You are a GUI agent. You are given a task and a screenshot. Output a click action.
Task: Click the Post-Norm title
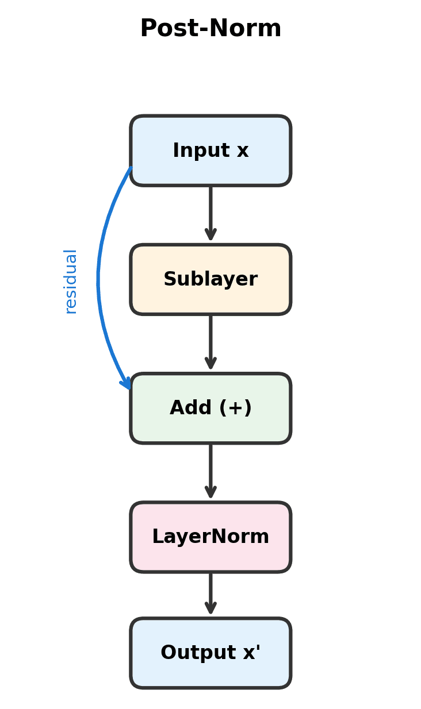[210, 29]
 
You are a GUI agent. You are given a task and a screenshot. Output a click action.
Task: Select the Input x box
[210, 151]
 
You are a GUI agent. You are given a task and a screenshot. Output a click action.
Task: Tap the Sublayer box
[210, 279]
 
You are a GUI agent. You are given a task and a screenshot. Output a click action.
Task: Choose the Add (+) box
[210, 408]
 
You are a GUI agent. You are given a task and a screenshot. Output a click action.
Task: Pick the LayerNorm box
[210, 537]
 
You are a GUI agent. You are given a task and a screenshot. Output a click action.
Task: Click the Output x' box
[210, 653]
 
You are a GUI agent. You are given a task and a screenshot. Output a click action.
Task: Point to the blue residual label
[70, 282]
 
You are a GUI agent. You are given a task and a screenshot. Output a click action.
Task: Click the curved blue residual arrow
[99, 276]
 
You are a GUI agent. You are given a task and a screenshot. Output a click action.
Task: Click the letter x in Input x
[243, 151]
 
